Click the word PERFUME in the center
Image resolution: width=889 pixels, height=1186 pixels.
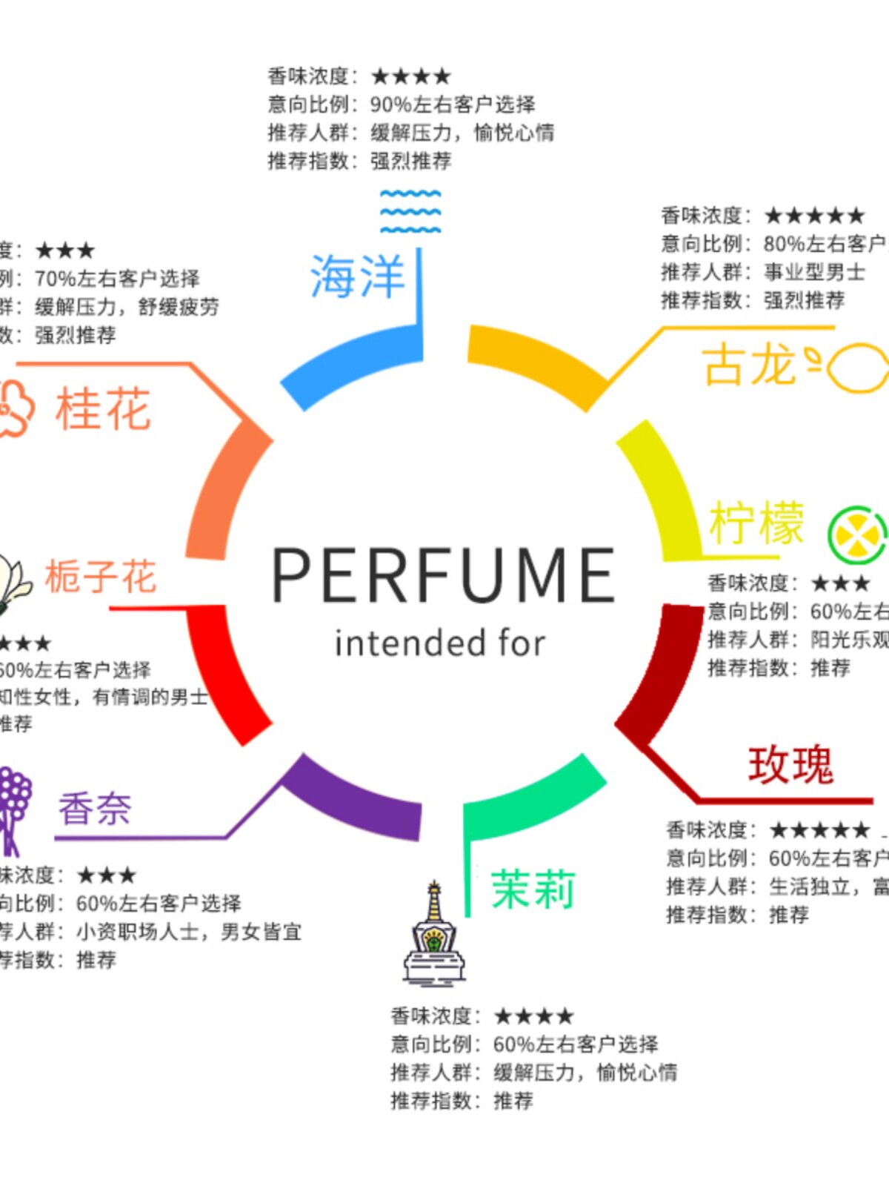(443, 575)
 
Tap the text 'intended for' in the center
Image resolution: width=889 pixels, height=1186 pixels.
(440, 643)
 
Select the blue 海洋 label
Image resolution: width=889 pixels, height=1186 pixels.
(357, 276)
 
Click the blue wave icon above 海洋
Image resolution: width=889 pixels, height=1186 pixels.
(410, 211)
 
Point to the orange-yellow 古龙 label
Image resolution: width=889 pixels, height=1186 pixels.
(748, 365)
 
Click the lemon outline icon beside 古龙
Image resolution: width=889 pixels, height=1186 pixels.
(856, 366)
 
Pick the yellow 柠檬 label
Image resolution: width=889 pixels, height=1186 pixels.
(756, 523)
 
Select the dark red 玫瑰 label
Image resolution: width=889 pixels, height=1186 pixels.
(790, 765)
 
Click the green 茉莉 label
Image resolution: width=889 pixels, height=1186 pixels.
(533, 889)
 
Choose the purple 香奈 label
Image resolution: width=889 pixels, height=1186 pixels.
(95, 809)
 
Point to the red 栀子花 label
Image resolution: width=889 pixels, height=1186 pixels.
(100, 577)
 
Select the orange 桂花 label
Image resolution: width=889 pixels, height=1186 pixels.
(103, 408)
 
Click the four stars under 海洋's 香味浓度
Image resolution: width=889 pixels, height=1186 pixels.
(410, 76)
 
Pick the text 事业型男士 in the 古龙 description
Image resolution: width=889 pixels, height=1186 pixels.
(814, 272)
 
